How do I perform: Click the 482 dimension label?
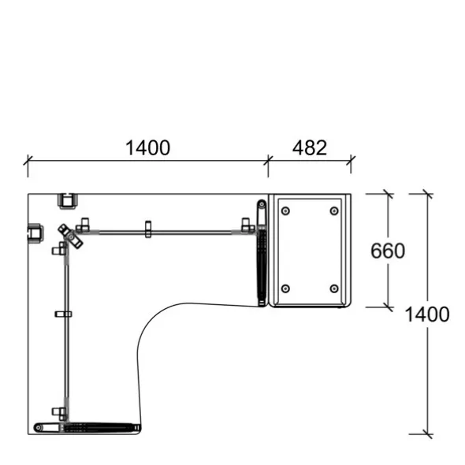(310, 147)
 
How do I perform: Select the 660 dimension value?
(388, 251)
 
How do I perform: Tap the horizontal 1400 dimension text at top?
(148, 147)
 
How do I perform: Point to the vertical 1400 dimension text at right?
(427, 314)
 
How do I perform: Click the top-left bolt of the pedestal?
(285, 211)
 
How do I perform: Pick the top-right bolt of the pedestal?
(334, 211)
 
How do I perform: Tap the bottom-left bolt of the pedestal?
(285, 288)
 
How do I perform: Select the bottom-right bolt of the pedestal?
(334, 288)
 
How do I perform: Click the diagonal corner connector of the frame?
(70, 236)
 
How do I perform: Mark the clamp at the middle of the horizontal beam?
(148, 229)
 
